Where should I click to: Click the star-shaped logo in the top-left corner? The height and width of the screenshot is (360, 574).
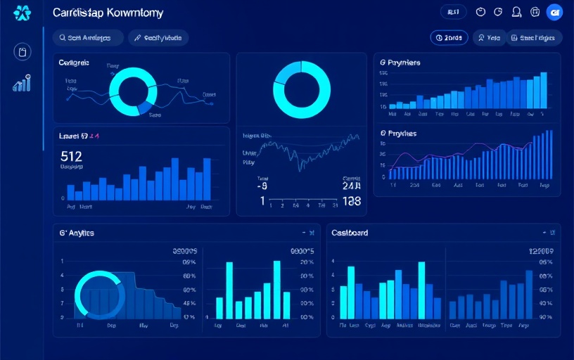tap(22, 13)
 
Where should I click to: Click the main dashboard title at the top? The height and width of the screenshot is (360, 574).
tap(108, 13)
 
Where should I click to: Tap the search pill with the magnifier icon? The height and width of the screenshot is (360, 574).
tap(87, 38)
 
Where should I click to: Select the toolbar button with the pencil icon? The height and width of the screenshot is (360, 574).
tap(158, 38)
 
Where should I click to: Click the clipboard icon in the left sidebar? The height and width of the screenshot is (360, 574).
tap(23, 51)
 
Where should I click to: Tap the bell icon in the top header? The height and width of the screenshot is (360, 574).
tap(517, 12)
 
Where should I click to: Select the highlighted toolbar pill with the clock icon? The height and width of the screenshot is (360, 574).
tap(449, 38)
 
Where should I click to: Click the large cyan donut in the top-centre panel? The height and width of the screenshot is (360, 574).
tap(301, 89)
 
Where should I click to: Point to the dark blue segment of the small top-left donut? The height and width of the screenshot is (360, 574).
tap(146, 106)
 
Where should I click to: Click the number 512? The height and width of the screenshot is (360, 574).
tap(72, 156)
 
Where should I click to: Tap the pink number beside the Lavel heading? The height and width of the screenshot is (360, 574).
tap(94, 136)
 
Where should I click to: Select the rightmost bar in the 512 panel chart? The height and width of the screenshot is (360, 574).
tap(207, 179)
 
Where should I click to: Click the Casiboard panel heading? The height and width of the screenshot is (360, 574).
tap(350, 232)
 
